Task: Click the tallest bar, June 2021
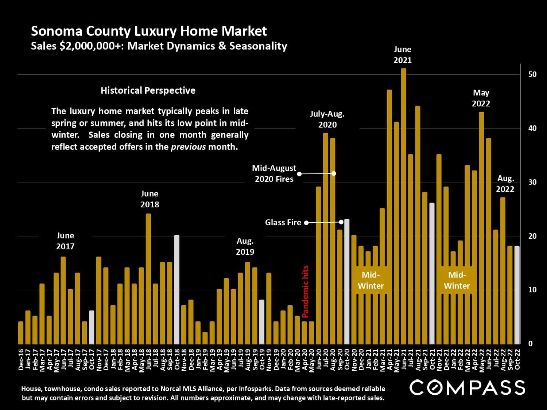403,206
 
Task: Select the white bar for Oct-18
177,289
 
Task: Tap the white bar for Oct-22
517,295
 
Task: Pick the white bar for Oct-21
432,273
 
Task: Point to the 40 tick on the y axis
532,128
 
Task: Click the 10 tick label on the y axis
532,290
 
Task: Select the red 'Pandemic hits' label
306,292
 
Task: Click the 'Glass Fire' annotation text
283,222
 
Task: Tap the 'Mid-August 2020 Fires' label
274,173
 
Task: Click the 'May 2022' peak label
481,98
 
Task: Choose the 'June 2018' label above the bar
150,199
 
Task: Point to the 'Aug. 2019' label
245,246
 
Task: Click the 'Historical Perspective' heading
148,90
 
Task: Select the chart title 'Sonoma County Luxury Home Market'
149,31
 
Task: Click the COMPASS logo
467,387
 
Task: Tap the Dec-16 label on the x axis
21,359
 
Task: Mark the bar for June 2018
148,279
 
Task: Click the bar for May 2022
481,228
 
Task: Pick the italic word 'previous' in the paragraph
188,147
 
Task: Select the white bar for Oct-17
92,327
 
